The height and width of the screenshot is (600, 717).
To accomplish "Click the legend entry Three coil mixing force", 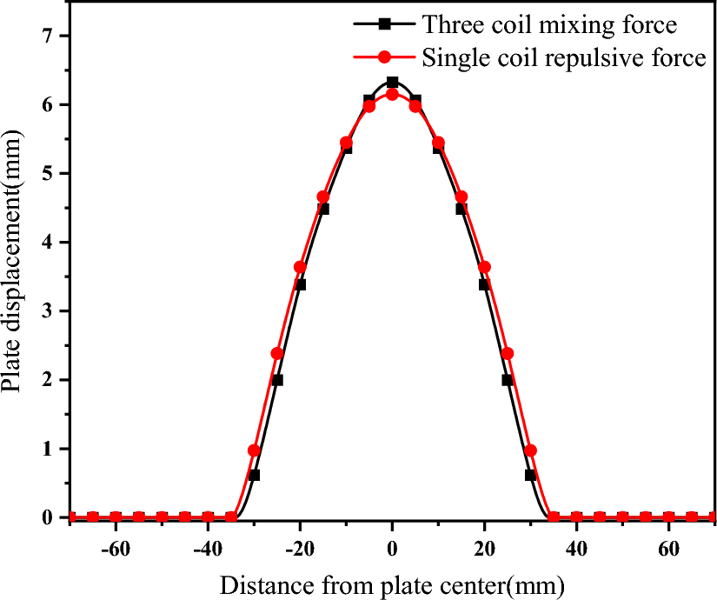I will [x=550, y=23].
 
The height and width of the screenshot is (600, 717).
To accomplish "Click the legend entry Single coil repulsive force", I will [x=563, y=57].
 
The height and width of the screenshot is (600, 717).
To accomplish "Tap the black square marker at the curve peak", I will [x=392, y=83].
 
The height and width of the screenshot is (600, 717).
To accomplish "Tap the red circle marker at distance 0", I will [x=392, y=94].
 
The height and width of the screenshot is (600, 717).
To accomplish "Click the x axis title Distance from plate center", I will [x=392, y=583].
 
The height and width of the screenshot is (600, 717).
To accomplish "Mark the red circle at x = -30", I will [x=254, y=450].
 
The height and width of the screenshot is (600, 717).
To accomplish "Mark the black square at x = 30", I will [x=530, y=475].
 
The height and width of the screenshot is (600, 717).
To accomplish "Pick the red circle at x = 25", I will [x=508, y=353].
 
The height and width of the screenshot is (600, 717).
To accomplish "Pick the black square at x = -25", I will [x=277, y=380].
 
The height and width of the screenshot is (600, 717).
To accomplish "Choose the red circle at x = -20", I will [x=300, y=267].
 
